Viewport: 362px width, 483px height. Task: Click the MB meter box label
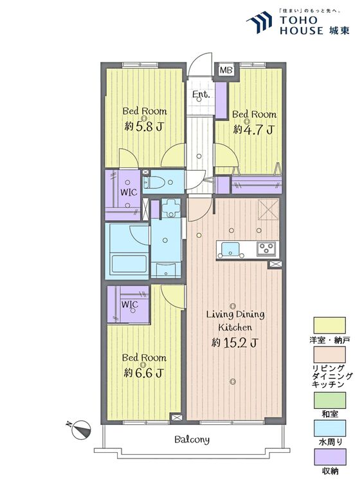tap(226, 70)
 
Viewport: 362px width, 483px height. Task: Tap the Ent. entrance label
tap(201, 95)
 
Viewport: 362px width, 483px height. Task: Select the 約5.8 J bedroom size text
tap(143, 126)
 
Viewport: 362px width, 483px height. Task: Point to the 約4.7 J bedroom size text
tap(253, 129)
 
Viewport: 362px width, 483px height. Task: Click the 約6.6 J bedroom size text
tap(143, 373)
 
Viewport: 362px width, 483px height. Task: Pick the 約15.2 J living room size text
tap(235, 342)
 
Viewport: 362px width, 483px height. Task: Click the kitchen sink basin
tap(230, 249)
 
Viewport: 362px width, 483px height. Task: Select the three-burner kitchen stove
tap(266, 249)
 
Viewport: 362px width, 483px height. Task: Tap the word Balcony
tap(192, 439)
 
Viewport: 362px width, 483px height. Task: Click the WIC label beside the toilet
tap(129, 192)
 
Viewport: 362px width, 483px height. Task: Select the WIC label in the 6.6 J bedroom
tap(129, 305)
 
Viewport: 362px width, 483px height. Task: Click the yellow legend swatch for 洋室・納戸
tap(329, 325)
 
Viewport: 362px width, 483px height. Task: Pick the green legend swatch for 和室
tap(329, 400)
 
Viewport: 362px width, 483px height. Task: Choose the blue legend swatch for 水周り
tap(329, 428)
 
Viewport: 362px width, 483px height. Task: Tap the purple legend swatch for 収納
tap(329, 457)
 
